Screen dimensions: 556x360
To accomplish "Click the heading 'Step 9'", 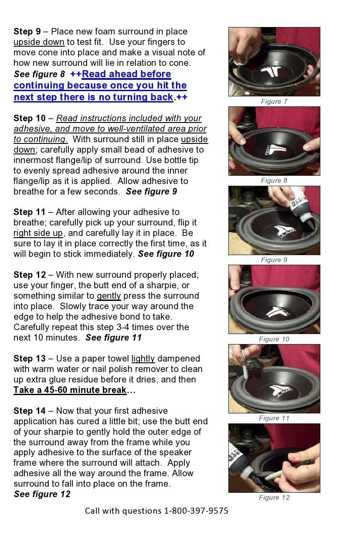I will tap(27, 31).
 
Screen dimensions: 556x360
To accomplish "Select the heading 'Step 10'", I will tap(29, 118).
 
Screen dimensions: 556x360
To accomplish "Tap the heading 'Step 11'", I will tap(29, 212).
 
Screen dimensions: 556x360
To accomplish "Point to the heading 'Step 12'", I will tap(29, 275).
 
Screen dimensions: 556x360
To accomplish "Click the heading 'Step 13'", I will tap(29, 358).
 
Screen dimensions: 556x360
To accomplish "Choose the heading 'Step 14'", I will tap(29, 411).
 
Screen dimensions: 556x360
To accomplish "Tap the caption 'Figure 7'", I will tap(274, 102).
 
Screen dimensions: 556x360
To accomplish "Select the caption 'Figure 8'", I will tap(274, 181).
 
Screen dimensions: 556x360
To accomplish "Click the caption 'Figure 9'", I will tap(274, 260).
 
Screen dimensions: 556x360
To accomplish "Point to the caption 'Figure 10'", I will tap(274, 339).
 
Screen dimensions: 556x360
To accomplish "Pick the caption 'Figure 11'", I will tap(274, 418).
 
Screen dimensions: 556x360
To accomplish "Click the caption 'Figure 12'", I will tap(274, 498).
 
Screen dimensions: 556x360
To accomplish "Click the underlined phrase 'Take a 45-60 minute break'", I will tap(70, 390).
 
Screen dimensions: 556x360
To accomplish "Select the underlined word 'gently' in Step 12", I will tap(109, 296).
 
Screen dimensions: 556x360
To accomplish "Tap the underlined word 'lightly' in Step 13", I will tap(143, 358).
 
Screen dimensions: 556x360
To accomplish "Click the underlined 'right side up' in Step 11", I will tap(38, 233).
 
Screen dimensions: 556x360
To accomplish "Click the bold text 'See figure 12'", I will tap(42, 494).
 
